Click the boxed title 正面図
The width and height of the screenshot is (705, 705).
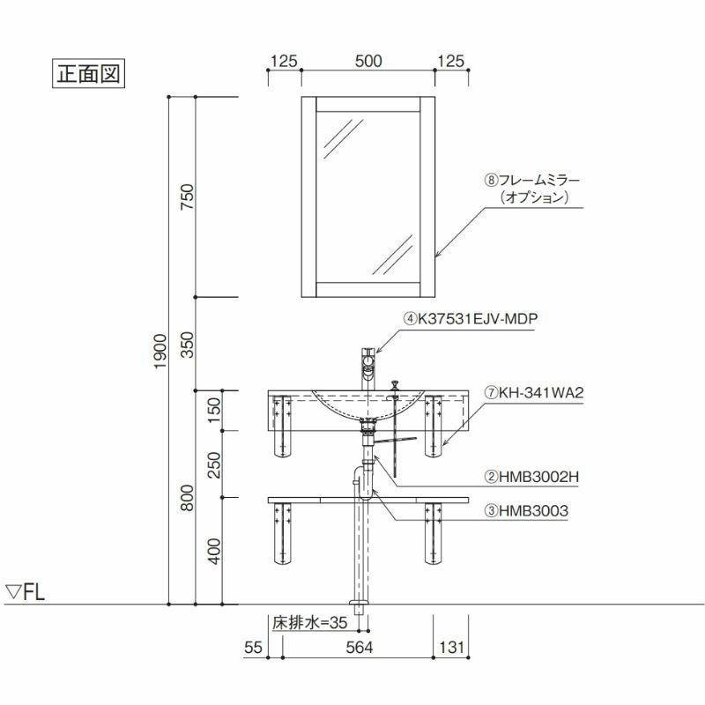pos(88,73)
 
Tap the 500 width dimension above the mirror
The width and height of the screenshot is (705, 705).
pos(368,61)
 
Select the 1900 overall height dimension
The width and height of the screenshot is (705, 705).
pos(160,351)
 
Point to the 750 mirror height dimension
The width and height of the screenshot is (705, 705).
pos(187,197)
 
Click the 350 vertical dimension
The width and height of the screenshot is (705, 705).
pos(187,345)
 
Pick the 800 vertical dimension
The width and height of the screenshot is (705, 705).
pos(187,498)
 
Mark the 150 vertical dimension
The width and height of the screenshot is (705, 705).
pos(214,410)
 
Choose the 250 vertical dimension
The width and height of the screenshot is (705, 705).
pos(214,465)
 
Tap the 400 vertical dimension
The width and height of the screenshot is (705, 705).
pos(214,552)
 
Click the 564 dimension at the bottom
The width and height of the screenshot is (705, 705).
pos(360,648)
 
